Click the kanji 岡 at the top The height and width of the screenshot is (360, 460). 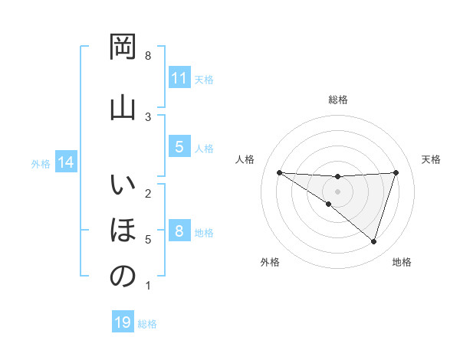tap(123, 49)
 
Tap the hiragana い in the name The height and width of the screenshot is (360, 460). tap(123, 186)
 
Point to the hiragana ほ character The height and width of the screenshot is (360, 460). tap(123, 230)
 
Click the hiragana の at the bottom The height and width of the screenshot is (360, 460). tap(123, 277)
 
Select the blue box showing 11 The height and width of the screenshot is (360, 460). tap(179, 77)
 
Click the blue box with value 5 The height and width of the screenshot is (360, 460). tap(179, 146)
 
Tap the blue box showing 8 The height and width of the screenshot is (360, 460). tap(179, 231)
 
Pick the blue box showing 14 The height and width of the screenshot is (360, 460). tap(66, 162)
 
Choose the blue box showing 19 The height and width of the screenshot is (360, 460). tap(123, 322)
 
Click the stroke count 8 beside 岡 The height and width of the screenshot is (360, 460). tap(148, 56)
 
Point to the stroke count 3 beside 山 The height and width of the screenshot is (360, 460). tap(148, 116)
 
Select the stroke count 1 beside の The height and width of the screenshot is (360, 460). tap(148, 286)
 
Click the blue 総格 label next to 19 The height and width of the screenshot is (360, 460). tap(147, 324)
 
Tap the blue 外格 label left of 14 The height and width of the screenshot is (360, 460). tap(41, 164)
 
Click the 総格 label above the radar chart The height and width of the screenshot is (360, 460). tap(337, 100)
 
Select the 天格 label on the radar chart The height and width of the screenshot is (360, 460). tap(431, 159)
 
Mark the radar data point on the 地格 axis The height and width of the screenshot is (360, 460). tap(374, 241)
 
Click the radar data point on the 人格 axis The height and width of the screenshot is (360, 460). tap(279, 172)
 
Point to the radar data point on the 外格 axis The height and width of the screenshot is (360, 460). tap(328, 205)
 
